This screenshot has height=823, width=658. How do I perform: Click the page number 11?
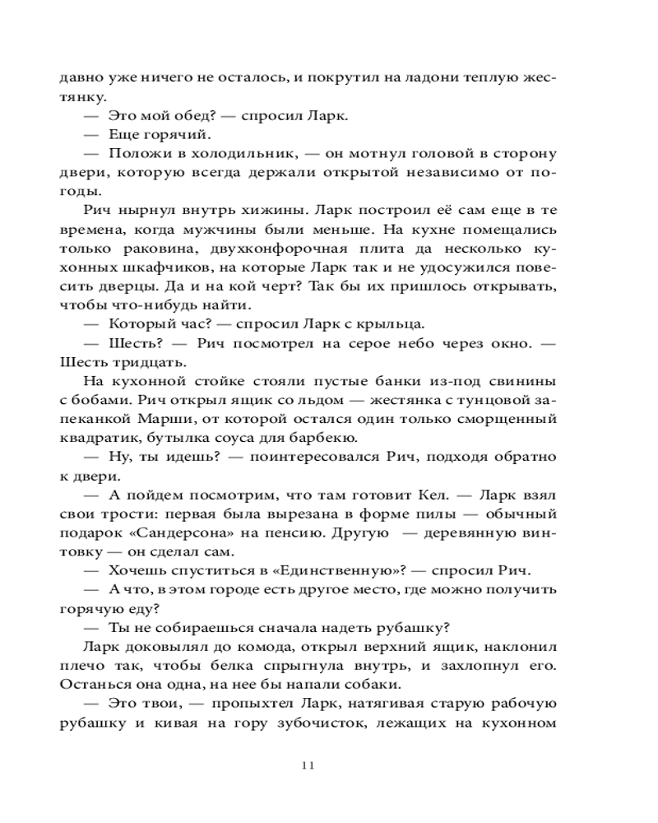[308, 765]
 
